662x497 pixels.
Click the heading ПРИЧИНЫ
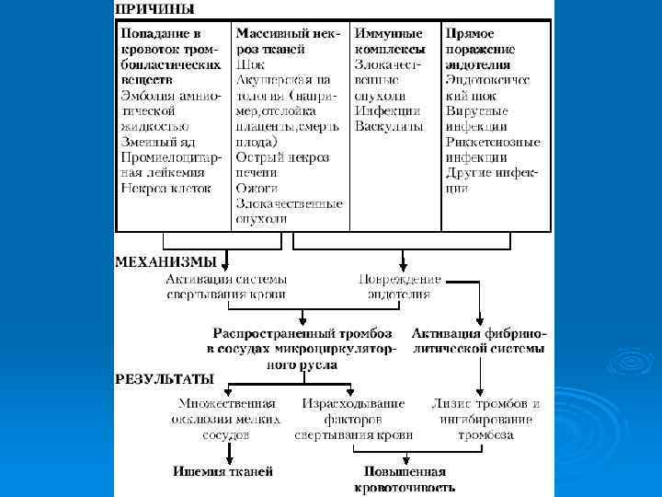pyautogui.click(x=154, y=11)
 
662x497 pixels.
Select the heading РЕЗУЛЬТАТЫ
pyautogui.click(x=165, y=378)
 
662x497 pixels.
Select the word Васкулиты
pyautogui.click(x=388, y=125)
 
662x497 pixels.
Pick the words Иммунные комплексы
pyautogui.click(x=391, y=40)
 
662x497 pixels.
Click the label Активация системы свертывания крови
pyautogui.click(x=226, y=286)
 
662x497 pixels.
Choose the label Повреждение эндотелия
pyautogui.click(x=399, y=286)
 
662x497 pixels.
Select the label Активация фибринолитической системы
pyautogui.click(x=478, y=341)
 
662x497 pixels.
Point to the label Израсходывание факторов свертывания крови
pyautogui.click(x=353, y=419)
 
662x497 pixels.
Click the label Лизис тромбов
pyautogui.click(x=485, y=404)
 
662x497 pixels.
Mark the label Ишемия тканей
pyautogui.click(x=223, y=472)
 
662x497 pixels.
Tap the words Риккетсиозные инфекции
pyautogui.click(x=493, y=149)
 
